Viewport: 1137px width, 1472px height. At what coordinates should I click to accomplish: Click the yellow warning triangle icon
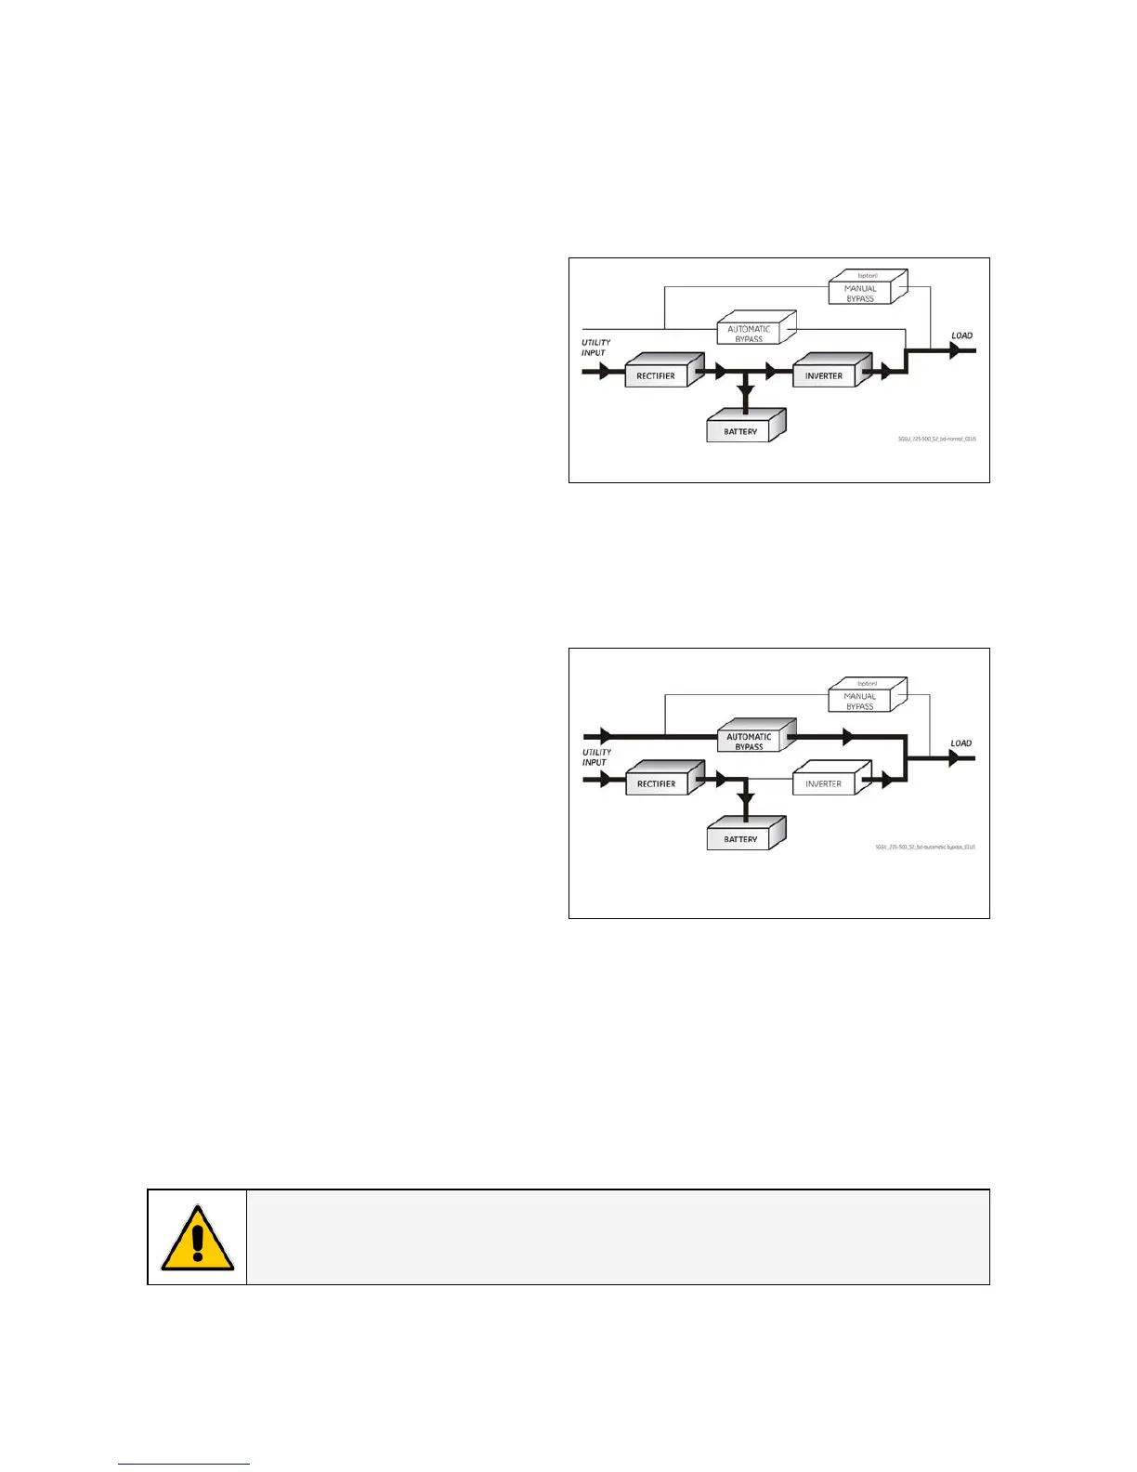point(197,1240)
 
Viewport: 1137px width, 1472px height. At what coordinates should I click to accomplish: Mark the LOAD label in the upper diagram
point(961,335)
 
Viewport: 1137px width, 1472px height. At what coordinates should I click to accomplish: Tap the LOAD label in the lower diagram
point(961,743)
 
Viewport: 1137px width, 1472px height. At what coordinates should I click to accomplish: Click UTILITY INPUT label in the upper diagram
point(595,348)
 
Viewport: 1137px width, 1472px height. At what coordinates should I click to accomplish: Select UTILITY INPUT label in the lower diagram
point(595,757)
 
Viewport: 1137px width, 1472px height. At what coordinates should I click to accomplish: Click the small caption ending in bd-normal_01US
point(936,439)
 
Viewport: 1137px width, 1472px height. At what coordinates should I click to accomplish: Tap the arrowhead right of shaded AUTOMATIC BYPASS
point(847,737)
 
